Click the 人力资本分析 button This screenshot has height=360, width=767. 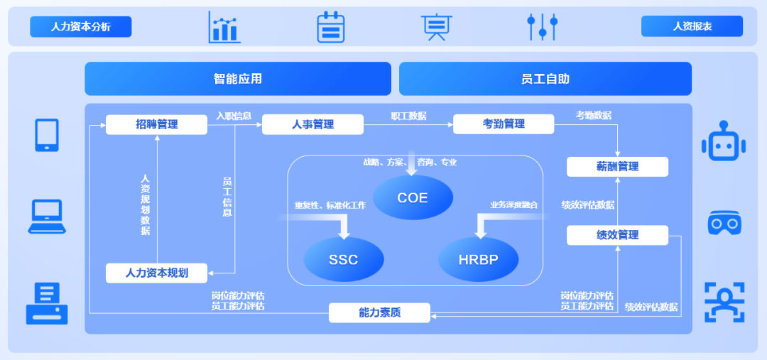[80, 27]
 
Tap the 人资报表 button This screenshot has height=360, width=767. [692, 26]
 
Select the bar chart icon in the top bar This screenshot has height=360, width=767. [224, 27]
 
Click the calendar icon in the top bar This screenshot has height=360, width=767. [330, 27]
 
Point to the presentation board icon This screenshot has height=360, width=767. [435, 27]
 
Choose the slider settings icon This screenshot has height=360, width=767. [542, 27]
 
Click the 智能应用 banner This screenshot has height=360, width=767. [238, 79]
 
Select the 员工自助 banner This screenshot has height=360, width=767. [545, 79]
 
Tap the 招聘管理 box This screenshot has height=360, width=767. [156, 124]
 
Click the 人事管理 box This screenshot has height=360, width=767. [312, 124]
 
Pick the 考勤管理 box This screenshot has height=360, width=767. [504, 124]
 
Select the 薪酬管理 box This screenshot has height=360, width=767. [617, 167]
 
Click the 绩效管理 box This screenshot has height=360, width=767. [617, 235]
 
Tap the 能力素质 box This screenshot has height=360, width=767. [379, 312]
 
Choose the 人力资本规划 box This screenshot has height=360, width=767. [156, 273]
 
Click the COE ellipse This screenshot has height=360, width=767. [413, 197]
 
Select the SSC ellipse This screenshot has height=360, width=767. [344, 259]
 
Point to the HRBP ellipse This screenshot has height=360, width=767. [478, 259]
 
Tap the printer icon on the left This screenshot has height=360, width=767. [47, 303]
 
